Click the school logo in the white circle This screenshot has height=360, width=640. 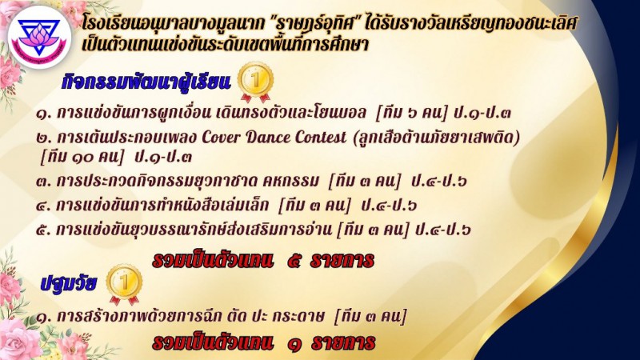pyautogui.click(x=39, y=37)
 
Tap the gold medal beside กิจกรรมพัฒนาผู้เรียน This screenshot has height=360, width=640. pyautogui.click(x=255, y=82)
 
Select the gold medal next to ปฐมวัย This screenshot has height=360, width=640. pyautogui.click(x=124, y=285)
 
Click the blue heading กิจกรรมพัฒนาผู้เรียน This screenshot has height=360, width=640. pyautogui.click(x=146, y=82)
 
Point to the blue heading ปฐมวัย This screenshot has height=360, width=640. pyautogui.click(x=69, y=283)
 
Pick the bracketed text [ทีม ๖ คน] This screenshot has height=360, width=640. pyautogui.click(x=411, y=113)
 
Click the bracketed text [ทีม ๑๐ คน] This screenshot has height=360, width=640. pyautogui.click(x=82, y=157)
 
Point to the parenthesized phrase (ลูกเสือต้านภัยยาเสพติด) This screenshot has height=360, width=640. pyautogui.click(x=436, y=137)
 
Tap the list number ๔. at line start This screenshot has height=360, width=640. pyautogui.click(x=44, y=206)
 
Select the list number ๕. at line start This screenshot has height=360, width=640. pyautogui.click(x=44, y=230)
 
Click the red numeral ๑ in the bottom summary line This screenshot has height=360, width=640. pyautogui.click(x=294, y=344)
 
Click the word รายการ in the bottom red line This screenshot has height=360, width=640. pyautogui.click(x=343, y=343)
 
